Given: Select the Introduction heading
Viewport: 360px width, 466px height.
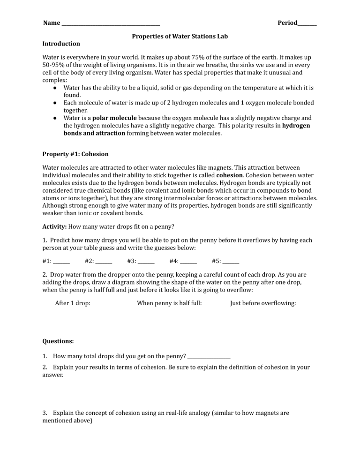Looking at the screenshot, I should click(x=61, y=44).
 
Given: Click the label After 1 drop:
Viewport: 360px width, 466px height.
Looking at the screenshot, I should click(x=73, y=303).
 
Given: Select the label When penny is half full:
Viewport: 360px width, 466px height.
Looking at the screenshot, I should click(x=169, y=303).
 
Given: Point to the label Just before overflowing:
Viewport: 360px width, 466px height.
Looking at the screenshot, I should click(x=263, y=303).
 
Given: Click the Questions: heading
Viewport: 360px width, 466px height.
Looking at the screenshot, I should click(x=58, y=341).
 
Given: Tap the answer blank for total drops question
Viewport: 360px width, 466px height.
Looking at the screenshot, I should click(x=209, y=358).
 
